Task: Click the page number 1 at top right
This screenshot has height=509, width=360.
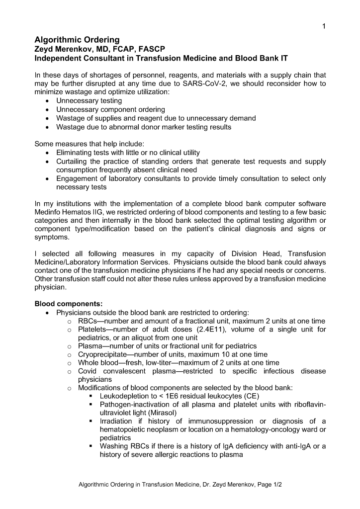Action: [x=324, y=27]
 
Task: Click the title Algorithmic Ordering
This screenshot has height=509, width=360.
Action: [x=77, y=40]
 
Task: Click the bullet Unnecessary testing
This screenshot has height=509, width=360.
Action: [x=89, y=101]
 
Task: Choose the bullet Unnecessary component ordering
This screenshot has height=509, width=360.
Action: [x=110, y=109]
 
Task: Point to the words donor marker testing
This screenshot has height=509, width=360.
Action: [x=180, y=127]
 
